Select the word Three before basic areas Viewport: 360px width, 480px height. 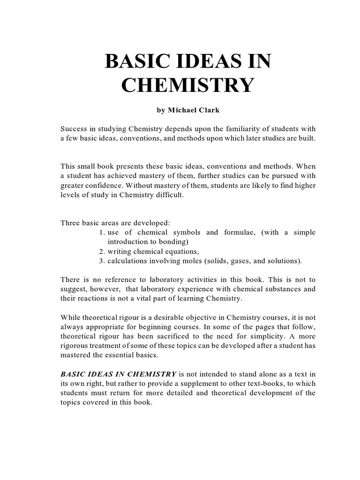(71, 222)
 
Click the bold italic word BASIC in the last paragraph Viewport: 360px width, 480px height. (73, 374)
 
